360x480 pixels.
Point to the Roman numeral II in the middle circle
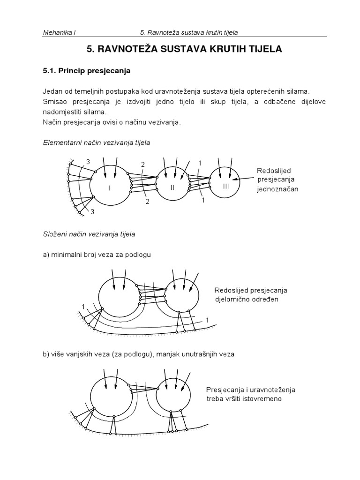coord(172,187)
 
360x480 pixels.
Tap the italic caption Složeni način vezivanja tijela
coord(89,232)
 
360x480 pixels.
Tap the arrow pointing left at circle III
coord(244,179)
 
